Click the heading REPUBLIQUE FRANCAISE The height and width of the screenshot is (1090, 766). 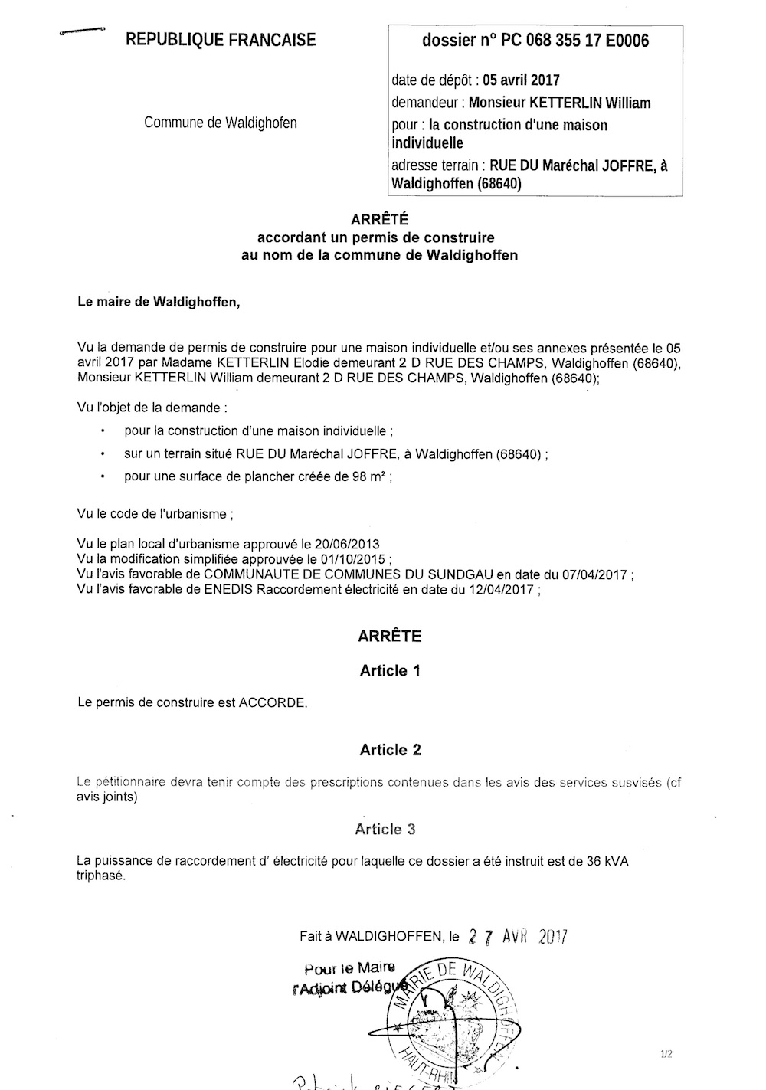pyautogui.click(x=221, y=40)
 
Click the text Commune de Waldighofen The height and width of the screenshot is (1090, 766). pyautogui.click(x=221, y=123)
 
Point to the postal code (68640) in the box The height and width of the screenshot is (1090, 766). pyautogui.click(x=499, y=184)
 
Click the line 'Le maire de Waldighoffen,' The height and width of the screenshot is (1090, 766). pyautogui.click(x=159, y=302)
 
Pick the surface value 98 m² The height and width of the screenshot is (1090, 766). pyautogui.click(x=371, y=476)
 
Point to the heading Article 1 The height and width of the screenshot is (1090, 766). pyautogui.click(x=390, y=671)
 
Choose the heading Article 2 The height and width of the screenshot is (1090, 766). pyautogui.click(x=390, y=751)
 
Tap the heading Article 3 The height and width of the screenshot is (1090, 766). pyautogui.click(x=385, y=829)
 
